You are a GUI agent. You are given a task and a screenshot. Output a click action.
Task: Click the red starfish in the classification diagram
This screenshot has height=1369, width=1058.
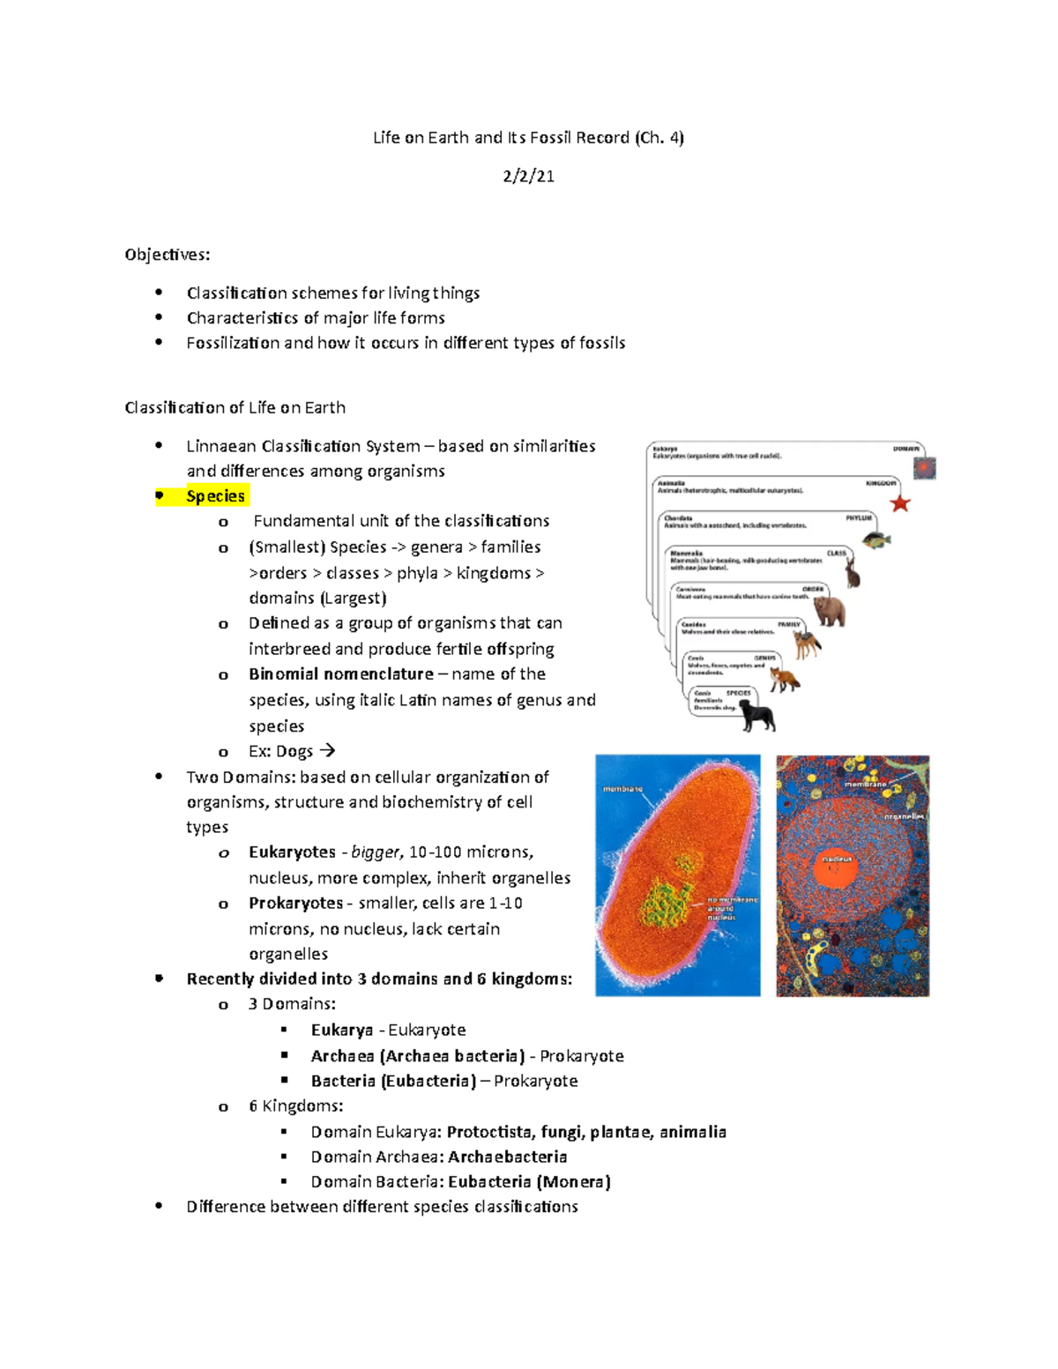point(899,503)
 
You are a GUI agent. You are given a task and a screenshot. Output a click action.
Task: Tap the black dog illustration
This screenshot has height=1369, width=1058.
point(757,717)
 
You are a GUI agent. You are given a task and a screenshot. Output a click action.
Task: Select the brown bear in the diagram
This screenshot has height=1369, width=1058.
point(829,610)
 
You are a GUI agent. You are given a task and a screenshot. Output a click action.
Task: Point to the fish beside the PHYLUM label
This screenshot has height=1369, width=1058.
point(876,539)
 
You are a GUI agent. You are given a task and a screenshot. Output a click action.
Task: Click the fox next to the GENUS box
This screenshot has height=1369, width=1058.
point(784,679)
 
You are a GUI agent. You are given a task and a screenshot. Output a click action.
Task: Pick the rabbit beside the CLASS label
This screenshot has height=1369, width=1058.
point(852,575)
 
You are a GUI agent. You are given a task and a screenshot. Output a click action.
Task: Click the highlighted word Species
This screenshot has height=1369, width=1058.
point(215,496)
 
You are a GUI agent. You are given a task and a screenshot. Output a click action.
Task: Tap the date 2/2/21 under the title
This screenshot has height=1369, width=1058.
point(528,176)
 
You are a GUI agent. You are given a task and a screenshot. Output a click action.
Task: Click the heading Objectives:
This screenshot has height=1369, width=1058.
point(168,255)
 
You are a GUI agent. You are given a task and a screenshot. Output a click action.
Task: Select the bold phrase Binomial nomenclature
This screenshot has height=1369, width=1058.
point(341,674)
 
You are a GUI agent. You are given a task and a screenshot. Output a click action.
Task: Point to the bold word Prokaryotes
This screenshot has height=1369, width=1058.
point(295,904)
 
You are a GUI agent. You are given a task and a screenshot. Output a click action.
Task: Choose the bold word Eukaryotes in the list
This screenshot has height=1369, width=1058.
point(292,852)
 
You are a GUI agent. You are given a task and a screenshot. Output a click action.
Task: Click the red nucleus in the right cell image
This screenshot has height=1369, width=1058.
point(835,868)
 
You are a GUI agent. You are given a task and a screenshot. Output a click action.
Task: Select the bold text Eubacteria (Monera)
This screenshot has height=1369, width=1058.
point(529,1182)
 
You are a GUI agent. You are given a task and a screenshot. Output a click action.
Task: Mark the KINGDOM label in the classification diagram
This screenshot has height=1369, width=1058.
point(880,483)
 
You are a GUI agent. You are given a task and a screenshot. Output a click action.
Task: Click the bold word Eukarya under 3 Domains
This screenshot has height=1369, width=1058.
point(342,1030)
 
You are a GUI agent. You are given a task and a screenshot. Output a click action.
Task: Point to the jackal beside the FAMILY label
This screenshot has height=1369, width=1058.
point(807,644)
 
